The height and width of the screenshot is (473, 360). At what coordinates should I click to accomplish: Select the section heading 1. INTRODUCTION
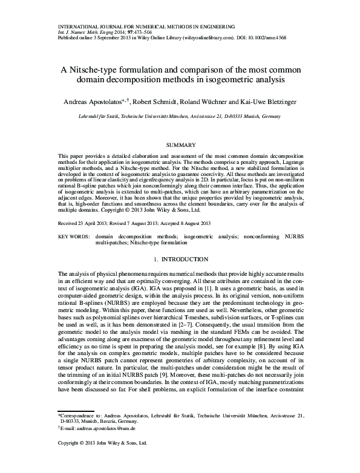(x=180, y=259)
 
